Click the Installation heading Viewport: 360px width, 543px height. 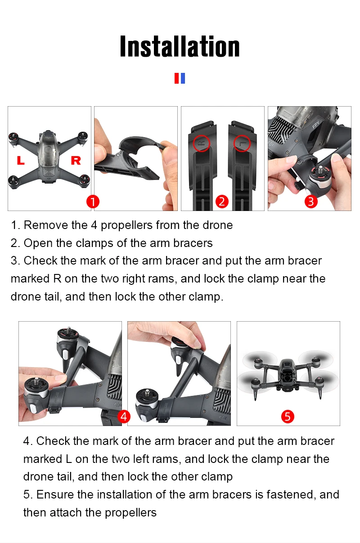(180, 46)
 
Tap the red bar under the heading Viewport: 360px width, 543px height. (177, 78)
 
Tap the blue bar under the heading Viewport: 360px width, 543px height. (183, 78)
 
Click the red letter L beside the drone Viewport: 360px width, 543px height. (21, 160)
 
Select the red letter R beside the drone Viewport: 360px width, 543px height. (76, 160)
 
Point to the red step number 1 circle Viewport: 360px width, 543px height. (93, 202)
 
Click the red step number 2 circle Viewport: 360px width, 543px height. (222, 202)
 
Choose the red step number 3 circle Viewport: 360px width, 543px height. (311, 202)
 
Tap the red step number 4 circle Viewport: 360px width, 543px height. (124, 417)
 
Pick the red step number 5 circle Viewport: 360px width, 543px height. (288, 417)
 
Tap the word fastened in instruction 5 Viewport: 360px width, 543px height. (291, 494)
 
